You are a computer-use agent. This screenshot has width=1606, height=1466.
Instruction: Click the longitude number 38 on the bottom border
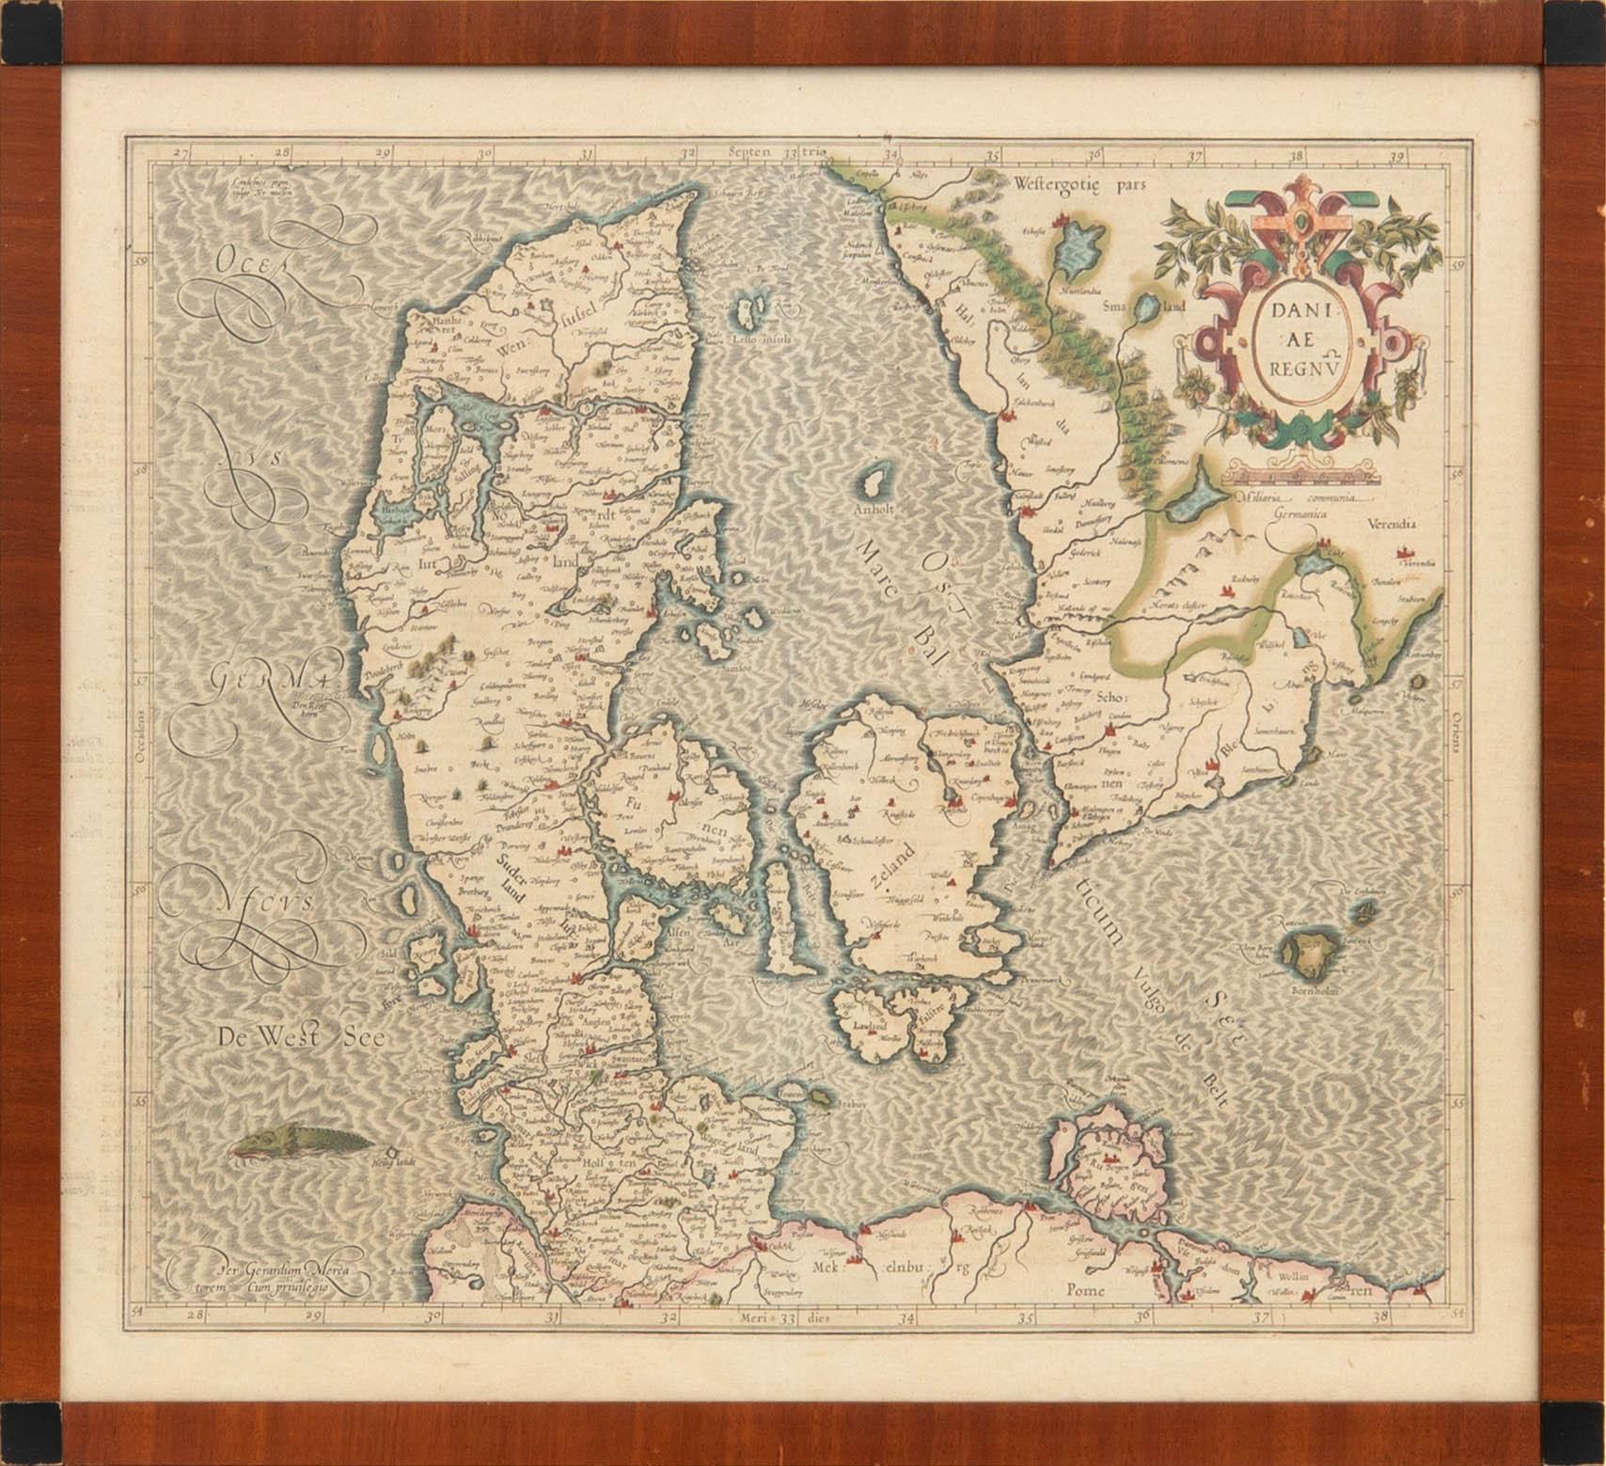1380,1317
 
